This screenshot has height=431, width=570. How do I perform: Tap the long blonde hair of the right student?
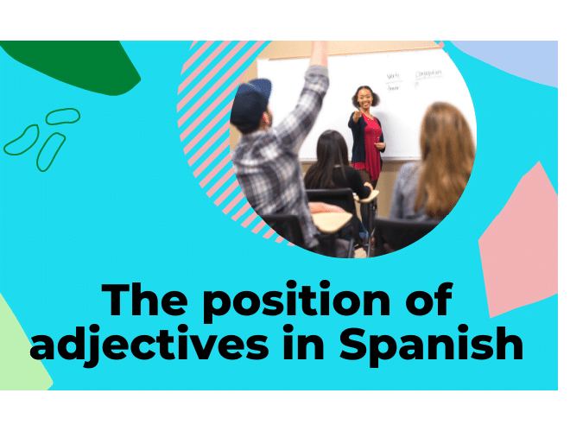444,155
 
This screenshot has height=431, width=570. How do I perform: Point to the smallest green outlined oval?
62,116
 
